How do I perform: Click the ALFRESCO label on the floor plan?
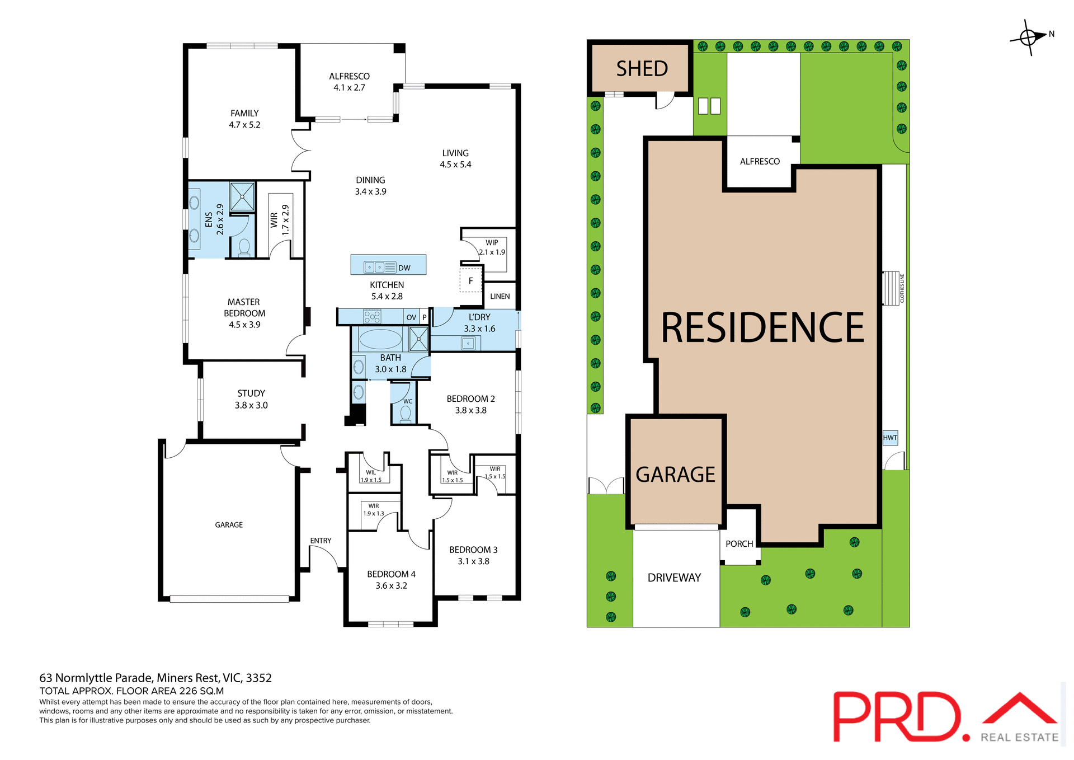tap(349, 76)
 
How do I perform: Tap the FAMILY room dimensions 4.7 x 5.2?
tap(244, 125)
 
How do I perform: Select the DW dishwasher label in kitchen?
tap(404, 268)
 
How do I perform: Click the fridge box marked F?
tap(470, 280)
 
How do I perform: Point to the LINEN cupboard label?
tap(500, 297)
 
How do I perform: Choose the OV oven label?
tap(411, 317)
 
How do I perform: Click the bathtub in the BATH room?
tap(380, 339)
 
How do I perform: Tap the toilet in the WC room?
tap(406, 414)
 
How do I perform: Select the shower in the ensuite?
tap(242, 196)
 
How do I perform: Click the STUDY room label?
tap(251, 393)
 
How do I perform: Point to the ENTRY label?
tap(321, 541)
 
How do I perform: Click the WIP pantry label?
tap(492, 242)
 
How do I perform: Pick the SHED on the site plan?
tap(642, 69)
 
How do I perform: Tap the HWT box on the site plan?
tap(890, 438)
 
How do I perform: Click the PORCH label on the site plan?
tap(739, 544)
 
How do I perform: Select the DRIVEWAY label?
tap(674, 578)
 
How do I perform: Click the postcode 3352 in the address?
tap(258, 678)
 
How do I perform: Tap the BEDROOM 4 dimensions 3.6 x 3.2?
tap(391, 586)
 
